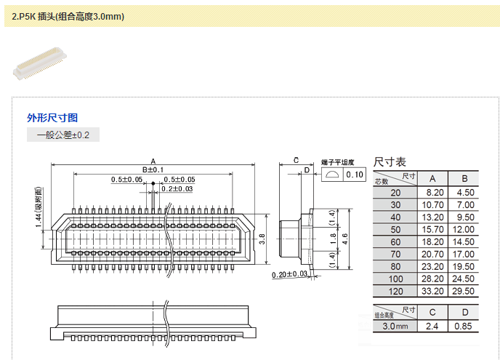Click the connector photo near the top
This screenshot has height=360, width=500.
40,63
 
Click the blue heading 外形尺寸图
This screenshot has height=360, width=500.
52,118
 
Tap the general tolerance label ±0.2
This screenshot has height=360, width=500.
63,135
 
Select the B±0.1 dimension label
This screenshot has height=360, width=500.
153,169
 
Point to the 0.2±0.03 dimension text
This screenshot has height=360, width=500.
177,189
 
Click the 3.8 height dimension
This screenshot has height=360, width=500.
262,239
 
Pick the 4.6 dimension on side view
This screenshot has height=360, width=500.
344,239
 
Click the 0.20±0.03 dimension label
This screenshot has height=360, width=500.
289,274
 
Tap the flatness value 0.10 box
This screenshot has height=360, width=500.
355,175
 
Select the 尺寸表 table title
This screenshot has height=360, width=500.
390,162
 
